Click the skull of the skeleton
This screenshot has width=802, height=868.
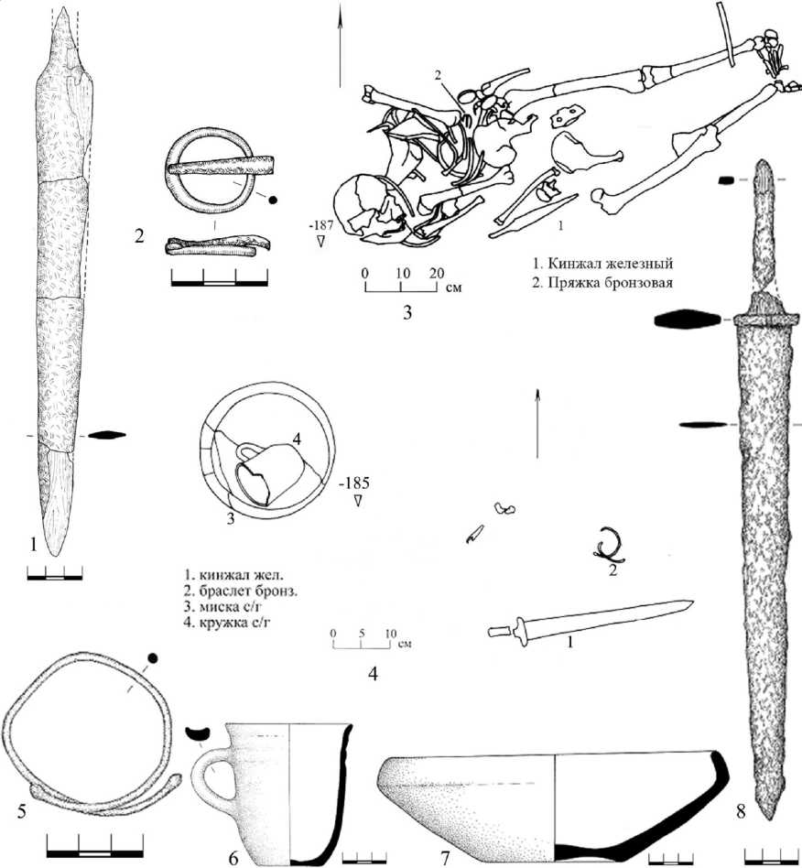pyautogui.click(x=365, y=208)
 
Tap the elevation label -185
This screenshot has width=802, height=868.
pyautogui.click(x=355, y=483)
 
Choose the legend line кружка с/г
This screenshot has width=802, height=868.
pyautogui.click(x=227, y=622)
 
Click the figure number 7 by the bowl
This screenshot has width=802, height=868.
pyautogui.click(x=445, y=858)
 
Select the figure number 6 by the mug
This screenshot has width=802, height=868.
pyautogui.click(x=233, y=859)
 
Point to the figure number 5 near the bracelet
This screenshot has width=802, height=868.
pyautogui.click(x=22, y=811)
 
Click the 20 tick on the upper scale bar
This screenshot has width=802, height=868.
pyautogui.click(x=436, y=274)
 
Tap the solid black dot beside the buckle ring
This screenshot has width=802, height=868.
pyautogui.click(x=272, y=201)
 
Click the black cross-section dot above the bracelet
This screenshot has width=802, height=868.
pyautogui.click(x=153, y=658)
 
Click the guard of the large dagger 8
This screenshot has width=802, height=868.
pyautogui.click(x=765, y=320)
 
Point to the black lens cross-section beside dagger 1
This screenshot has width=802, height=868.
pyautogui.click(x=107, y=435)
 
